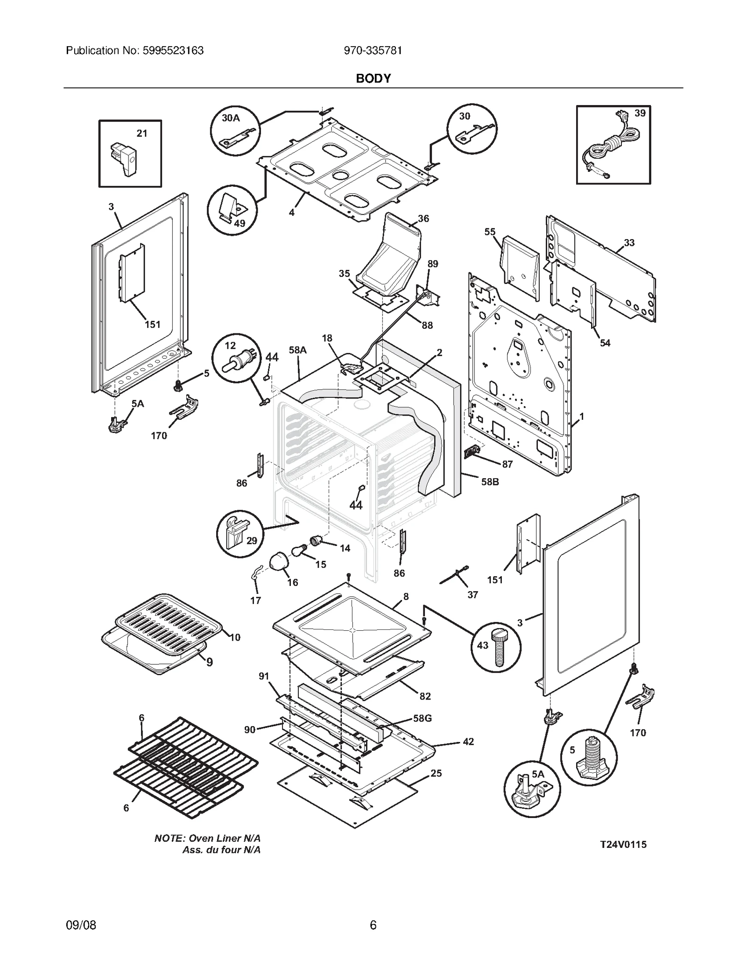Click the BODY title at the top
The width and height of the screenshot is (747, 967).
(373, 78)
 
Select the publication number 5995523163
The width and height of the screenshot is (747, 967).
(172, 50)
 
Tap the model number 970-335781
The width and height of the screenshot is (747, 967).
(373, 50)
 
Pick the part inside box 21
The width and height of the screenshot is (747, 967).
(123, 159)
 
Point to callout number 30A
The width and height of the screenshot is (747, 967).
(231, 118)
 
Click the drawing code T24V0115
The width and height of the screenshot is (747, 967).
(623, 844)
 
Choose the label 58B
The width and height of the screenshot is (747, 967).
(490, 482)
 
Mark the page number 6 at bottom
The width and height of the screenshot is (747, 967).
(373, 925)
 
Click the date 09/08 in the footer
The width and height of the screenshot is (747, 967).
(81, 925)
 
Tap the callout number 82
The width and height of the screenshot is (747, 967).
(425, 696)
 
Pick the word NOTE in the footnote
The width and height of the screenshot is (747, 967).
(169, 838)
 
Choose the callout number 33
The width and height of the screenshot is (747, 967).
(629, 243)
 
